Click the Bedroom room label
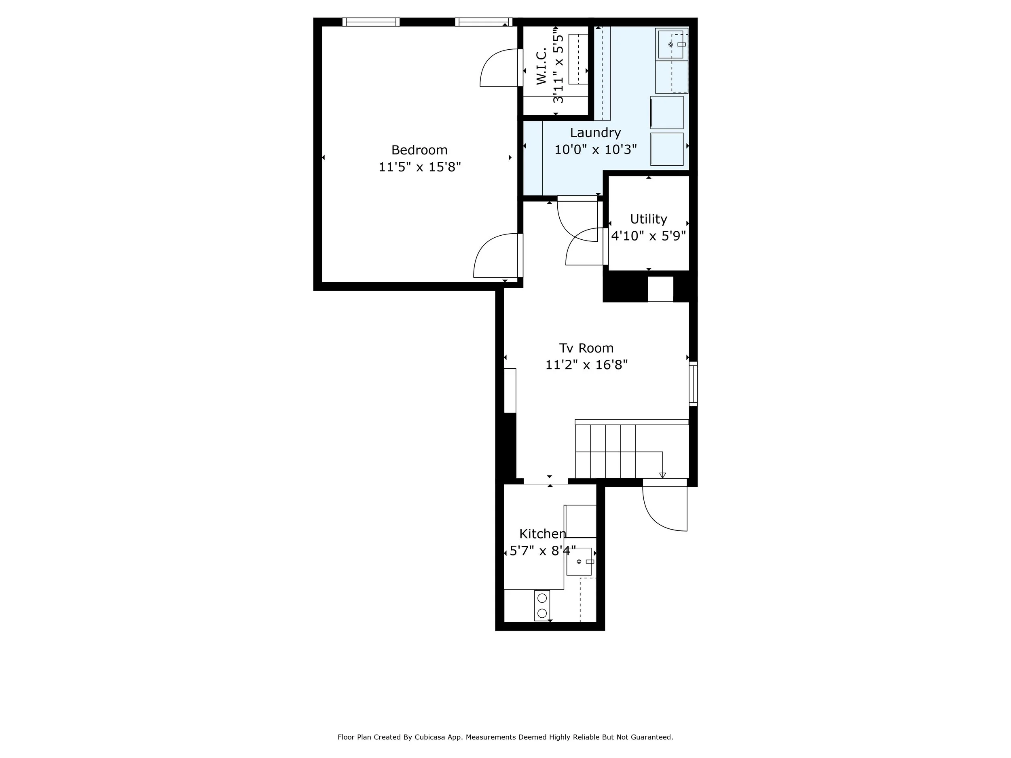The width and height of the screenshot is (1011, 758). [419, 150]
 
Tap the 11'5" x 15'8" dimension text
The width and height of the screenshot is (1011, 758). [419, 167]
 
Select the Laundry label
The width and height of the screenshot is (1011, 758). [595, 133]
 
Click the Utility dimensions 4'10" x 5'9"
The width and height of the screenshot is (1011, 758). [648, 236]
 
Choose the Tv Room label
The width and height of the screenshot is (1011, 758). [586, 348]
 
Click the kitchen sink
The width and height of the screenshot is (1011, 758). [579, 562]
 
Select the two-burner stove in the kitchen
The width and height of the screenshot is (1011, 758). [542, 606]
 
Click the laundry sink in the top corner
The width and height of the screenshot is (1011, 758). [670, 44]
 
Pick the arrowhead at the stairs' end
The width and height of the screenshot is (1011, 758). [662, 475]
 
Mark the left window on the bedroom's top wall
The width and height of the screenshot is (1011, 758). [371, 22]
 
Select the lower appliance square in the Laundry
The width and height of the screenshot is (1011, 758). [666, 149]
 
